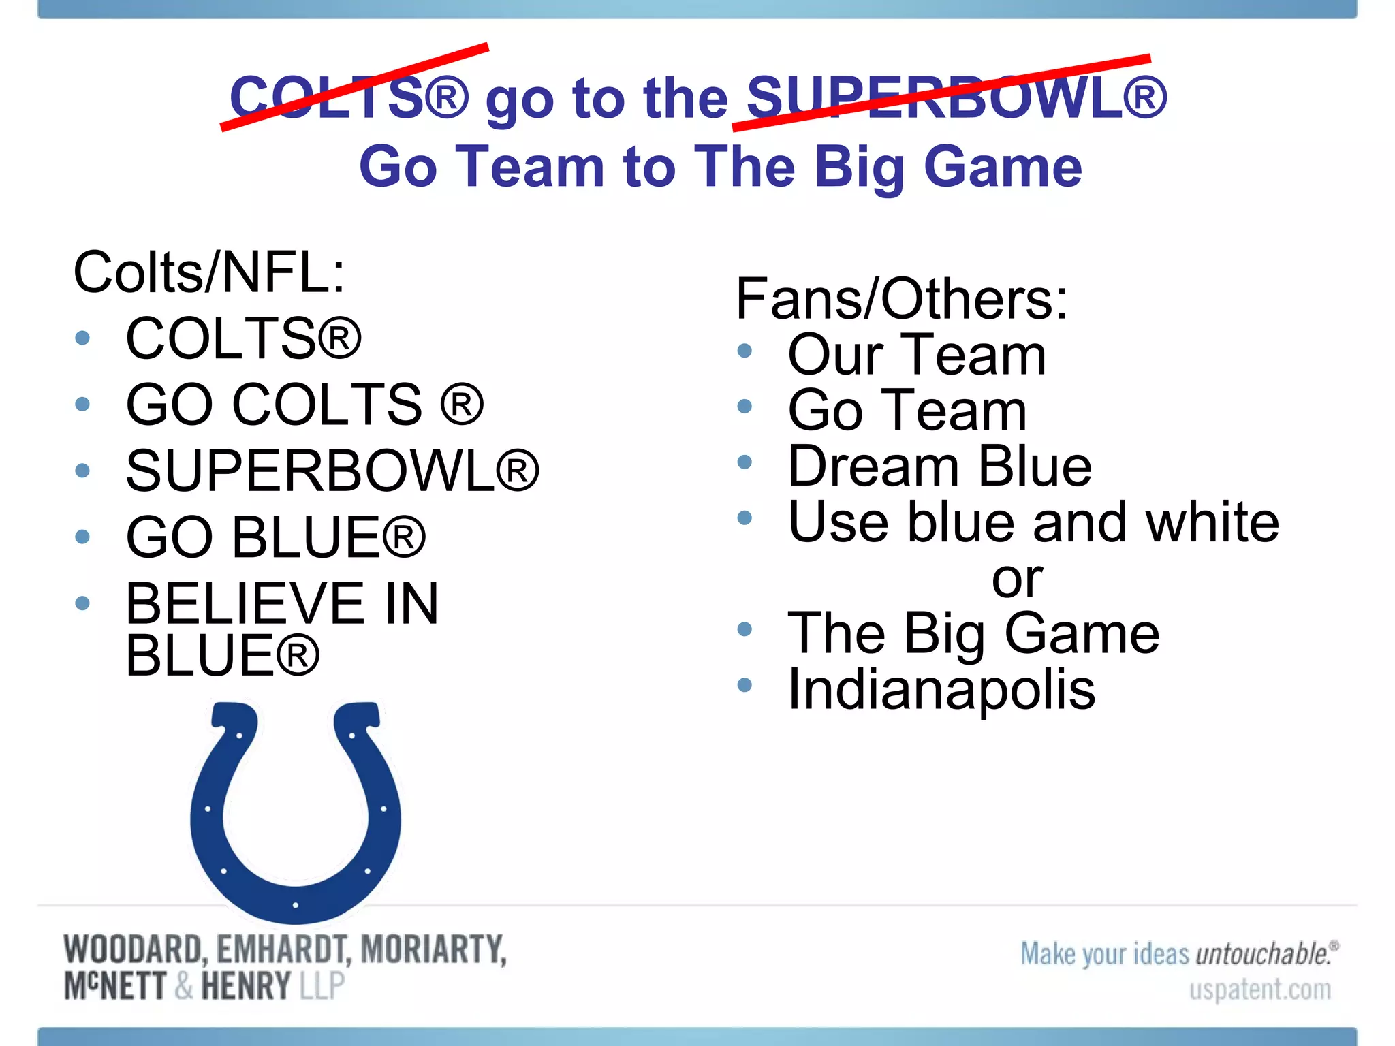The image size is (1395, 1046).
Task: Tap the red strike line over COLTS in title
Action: tap(354, 86)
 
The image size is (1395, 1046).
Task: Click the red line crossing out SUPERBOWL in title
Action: tap(940, 93)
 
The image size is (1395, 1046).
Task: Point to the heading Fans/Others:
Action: tap(901, 299)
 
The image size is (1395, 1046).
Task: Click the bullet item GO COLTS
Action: tap(304, 405)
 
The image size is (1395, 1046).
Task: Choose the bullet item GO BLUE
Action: tap(276, 537)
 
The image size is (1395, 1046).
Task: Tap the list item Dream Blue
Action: tap(939, 466)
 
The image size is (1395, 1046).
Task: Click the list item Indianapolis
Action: tap(941, 690)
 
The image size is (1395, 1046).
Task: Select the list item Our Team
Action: tap(916, 355)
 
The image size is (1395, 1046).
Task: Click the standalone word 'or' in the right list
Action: tap(1016, 580)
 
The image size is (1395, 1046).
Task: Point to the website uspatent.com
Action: tap(1259, 989)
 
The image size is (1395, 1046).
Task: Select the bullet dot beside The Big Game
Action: tap(744, 629)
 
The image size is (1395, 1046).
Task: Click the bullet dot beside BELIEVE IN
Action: tap(82, 603)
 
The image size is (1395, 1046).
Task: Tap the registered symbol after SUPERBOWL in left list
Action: tap(517, 470)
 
